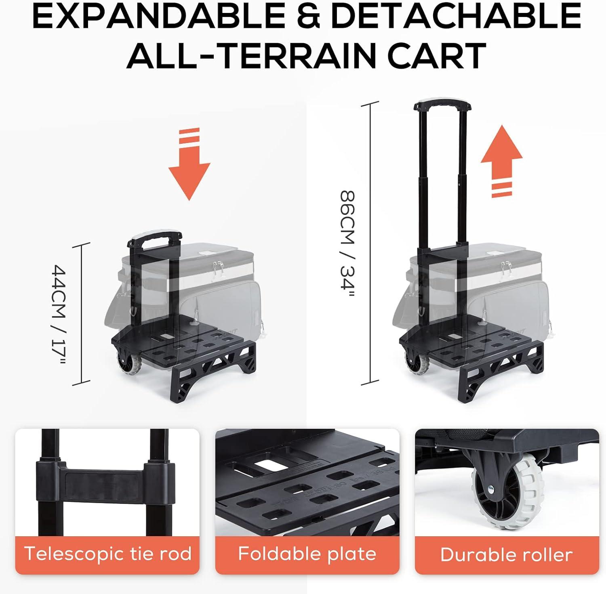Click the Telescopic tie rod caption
click(x=107, y=553)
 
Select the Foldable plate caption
click(x=307, y=553)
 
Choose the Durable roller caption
click(x=507, y=554)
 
